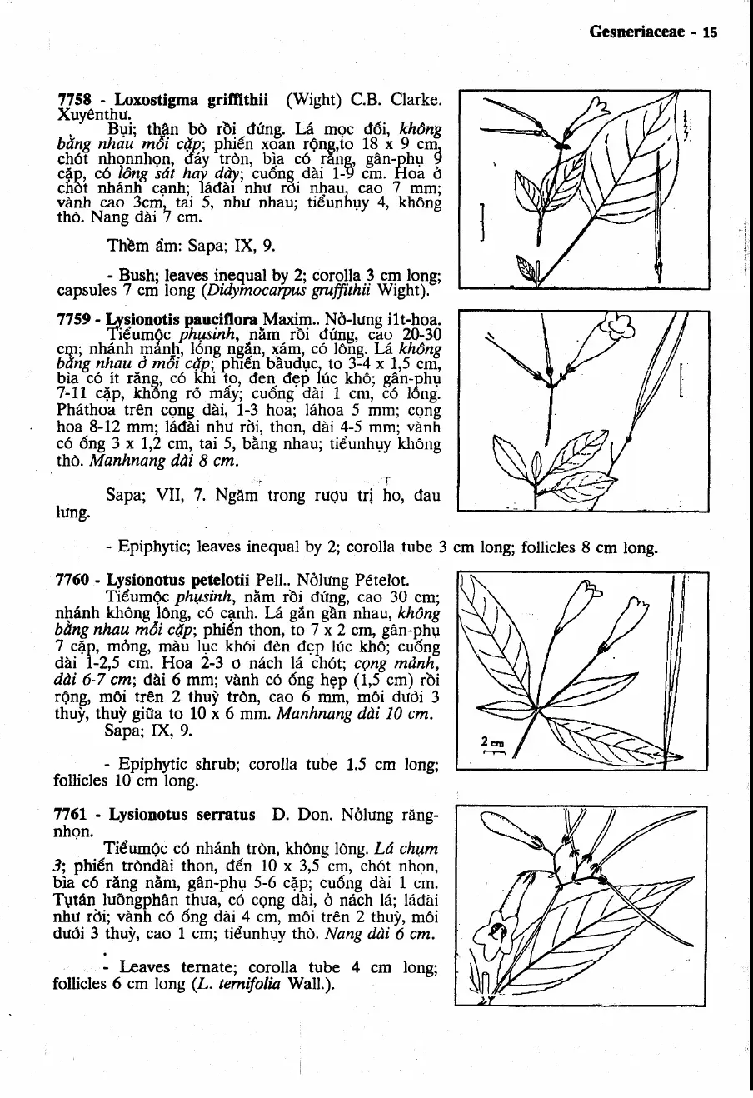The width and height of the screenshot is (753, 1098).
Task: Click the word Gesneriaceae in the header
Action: tap(637, 32)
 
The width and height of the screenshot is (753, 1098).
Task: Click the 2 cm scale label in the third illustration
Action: tap(490, 741)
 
